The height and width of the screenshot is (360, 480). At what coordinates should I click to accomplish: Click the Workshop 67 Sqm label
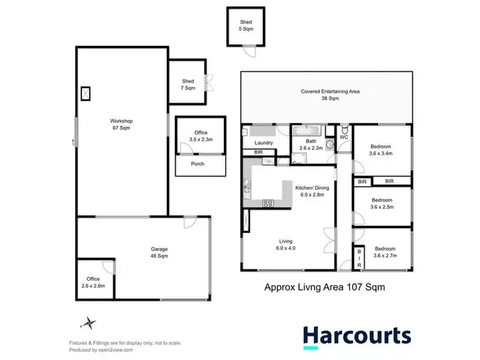click(x=120, y=124)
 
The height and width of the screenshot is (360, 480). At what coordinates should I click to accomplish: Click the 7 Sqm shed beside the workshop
click(x=188, y=84)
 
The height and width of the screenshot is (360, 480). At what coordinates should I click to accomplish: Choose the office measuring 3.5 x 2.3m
click(x=201, y=136)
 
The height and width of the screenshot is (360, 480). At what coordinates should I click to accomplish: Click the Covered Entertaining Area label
click(x=330, y=95)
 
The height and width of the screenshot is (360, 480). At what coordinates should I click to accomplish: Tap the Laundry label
click(x=264, y=143)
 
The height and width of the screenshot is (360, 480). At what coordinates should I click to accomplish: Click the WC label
click(x=343, y=137)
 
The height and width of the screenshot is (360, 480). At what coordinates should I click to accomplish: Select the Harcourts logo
click(x=356, y=336)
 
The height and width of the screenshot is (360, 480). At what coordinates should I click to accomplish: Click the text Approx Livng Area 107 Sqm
click(x=324, y=288)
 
